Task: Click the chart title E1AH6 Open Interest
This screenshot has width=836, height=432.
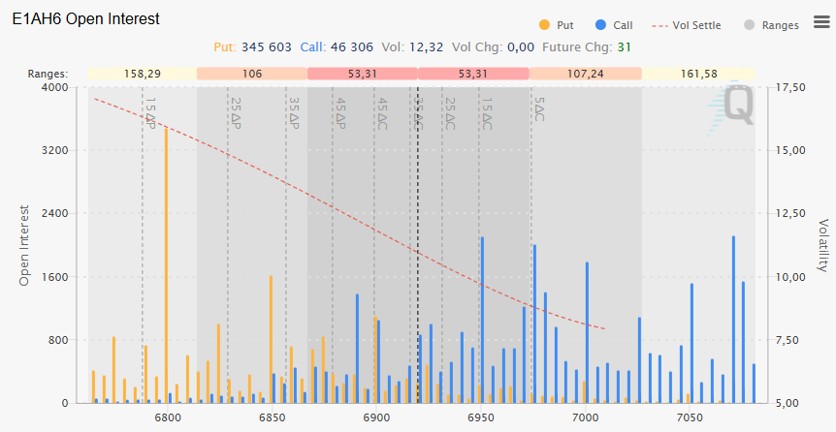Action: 85,18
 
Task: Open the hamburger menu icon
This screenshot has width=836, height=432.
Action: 821,21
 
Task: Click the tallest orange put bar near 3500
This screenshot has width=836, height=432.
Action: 166,262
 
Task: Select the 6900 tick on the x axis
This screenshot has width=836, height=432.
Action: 376,418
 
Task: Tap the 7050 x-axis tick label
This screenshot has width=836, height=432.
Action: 689,418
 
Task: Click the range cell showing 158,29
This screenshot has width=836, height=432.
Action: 143,74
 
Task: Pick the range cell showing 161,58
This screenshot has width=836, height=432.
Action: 699,74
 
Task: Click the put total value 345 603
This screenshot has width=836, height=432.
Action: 265,46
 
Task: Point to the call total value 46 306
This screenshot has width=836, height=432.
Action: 353,46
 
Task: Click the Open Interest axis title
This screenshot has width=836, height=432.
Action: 25,245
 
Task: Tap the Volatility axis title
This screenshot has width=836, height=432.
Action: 822,245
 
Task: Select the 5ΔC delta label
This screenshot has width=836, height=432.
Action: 539,108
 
